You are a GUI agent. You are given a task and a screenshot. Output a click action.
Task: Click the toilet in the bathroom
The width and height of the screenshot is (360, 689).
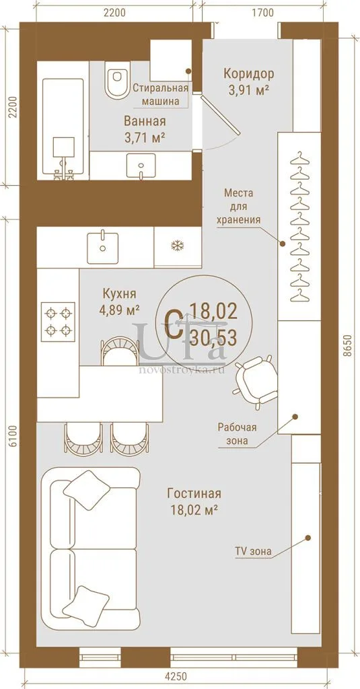pyautogui.click(x=116, y=80)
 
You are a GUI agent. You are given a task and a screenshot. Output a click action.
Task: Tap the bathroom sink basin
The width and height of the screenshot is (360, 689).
pyautogui.click(x=141, y=166)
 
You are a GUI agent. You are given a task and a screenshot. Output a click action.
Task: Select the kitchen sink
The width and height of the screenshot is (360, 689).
pyautogui.click(x=102, y=248)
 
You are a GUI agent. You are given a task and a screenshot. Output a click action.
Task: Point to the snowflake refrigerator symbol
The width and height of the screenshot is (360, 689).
pyautogui.click(x=177, y=246)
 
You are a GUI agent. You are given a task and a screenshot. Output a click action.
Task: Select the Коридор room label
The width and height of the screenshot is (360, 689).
pyautogui.click(x=249, y=73)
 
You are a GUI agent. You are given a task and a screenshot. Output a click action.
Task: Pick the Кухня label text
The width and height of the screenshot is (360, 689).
pyautogui.click(x=119, y=293)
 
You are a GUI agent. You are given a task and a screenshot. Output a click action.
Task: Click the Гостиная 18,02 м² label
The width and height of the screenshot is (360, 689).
pyautogui.click(x=194, y=501)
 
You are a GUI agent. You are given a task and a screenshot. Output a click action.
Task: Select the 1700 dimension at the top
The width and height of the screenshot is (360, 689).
pyautogui.click(x=263, y=12)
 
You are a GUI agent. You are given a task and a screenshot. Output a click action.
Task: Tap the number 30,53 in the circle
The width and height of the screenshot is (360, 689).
pyautogui.click(x=214, y=338)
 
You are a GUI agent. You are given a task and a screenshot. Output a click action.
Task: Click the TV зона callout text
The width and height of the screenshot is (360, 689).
pyautogui.click(x=254, y=551)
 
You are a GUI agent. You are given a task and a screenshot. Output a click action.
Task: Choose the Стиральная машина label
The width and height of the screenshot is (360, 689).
pyautogui.click(x=160, y=94)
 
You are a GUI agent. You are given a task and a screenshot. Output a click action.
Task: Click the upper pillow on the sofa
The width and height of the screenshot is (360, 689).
pyautogui.click(x=87, y=490)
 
